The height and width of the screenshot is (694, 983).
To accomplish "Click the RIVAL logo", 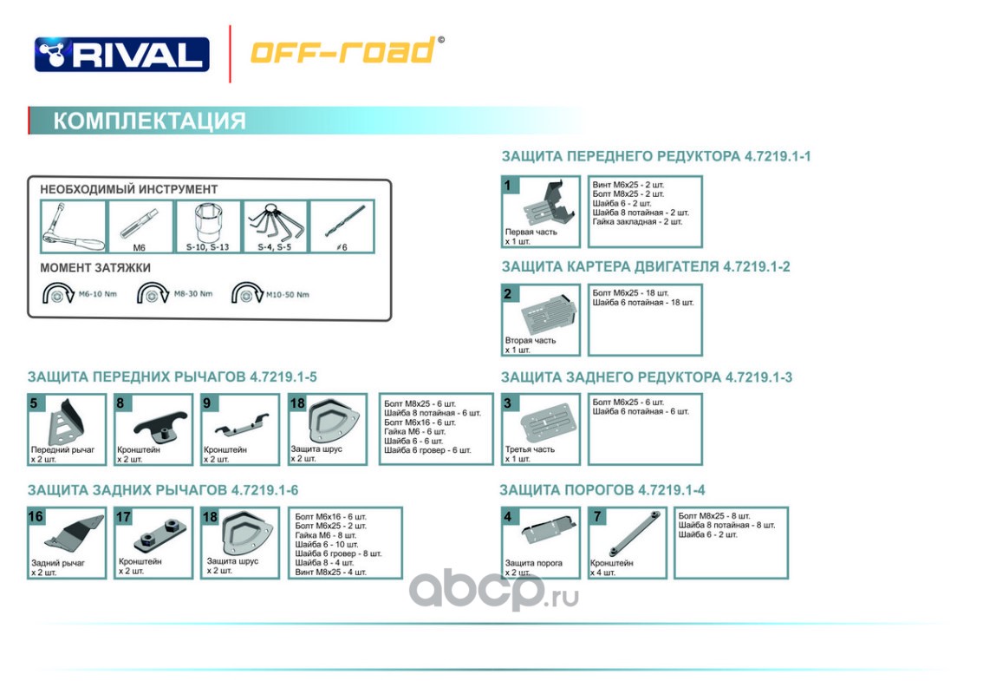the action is tap(121, 54).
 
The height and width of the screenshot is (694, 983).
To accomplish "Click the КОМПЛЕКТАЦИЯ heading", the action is tap(149, 121).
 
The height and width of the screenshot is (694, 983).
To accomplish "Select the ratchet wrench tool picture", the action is tap(74, 226).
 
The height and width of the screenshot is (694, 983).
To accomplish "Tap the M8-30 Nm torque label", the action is tap(193, 294).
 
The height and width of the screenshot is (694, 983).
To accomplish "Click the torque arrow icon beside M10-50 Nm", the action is tap(247, 293).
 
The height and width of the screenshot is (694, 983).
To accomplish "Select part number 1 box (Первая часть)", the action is tap(541, 212).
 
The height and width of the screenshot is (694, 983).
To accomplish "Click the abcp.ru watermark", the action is tap(494, 590).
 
